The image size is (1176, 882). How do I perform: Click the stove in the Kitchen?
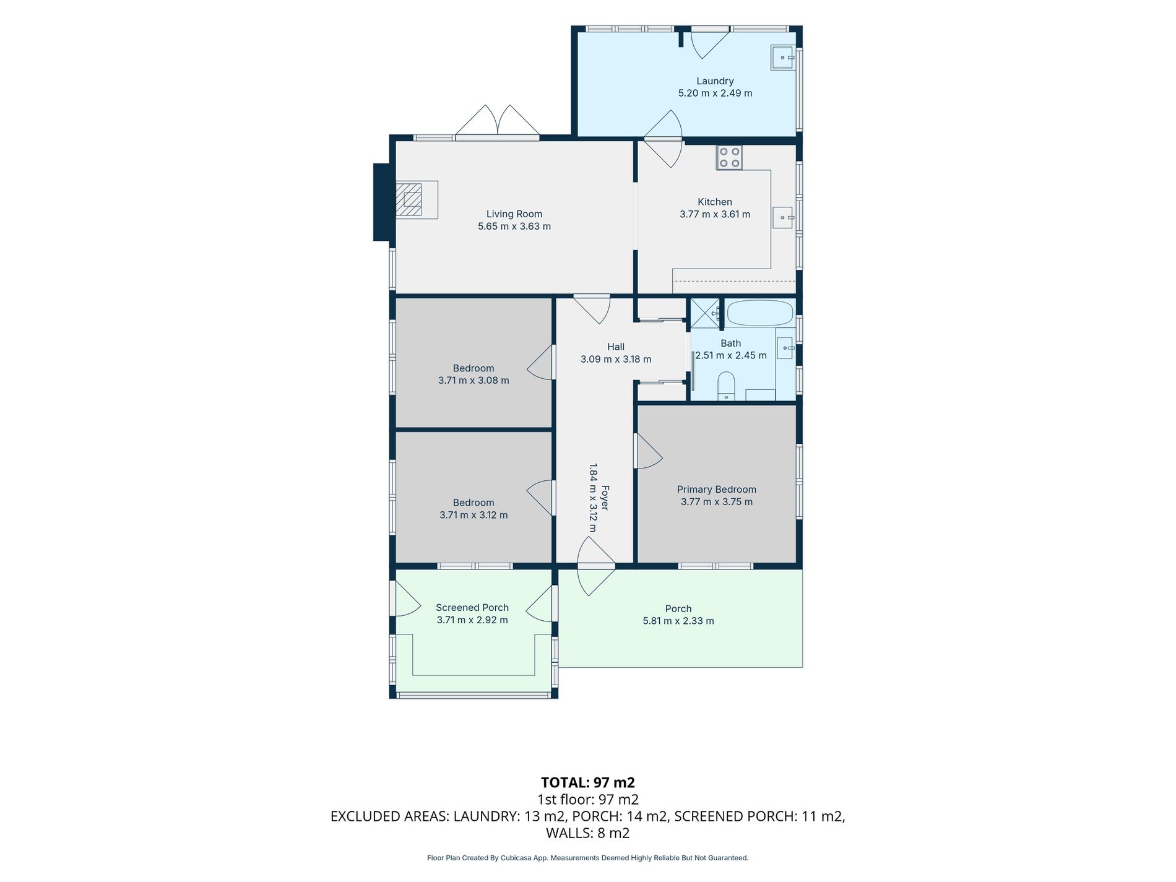(729, 157)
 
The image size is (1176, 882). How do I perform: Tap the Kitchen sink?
(783, 217)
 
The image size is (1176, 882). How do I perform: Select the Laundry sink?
(783, 58)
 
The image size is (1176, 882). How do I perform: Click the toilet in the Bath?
(725, 386)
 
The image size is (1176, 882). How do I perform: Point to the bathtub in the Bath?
(759, 313)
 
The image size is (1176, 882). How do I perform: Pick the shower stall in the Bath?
(705, 313)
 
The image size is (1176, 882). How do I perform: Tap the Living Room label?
(514, 214)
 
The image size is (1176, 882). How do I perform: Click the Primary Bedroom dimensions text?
(717, 502)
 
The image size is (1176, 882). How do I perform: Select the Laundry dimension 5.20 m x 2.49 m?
(716, 93)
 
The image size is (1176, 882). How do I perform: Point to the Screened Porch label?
(472, 608)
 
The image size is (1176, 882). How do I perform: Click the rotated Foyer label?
(605, 498)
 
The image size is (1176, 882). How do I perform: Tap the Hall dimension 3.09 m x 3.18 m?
(616, 359)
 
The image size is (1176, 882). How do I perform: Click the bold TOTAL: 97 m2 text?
(588, 782)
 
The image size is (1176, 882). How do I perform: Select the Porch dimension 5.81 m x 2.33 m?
(678, 621)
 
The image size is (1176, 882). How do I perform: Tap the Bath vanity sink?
(785, 348)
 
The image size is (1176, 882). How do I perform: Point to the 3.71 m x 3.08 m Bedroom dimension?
(473, 381)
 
